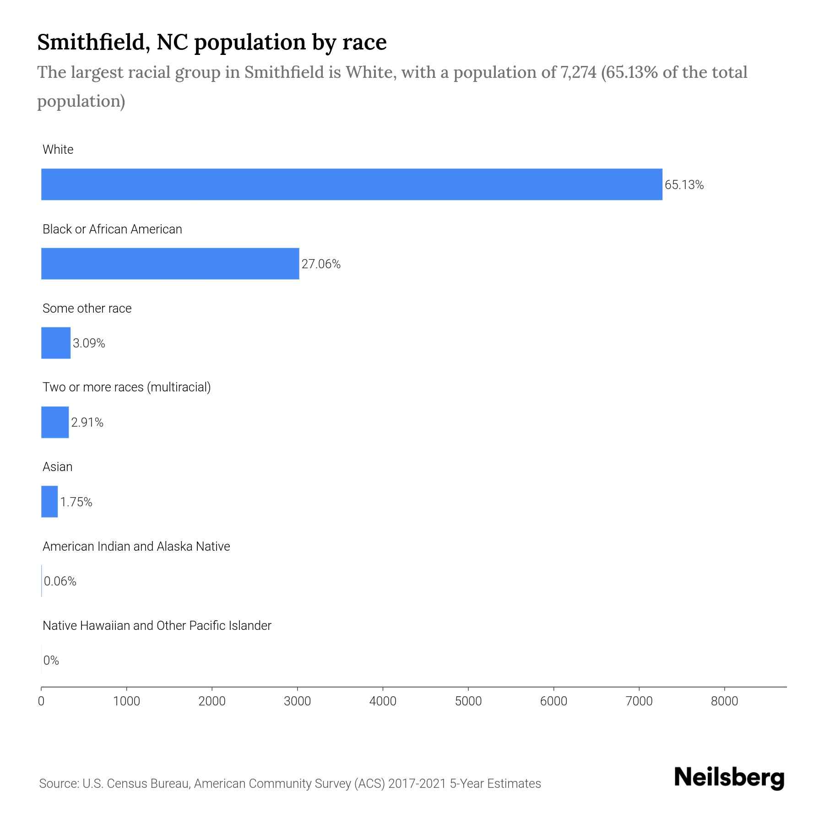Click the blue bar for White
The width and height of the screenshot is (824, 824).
tap(352, 184)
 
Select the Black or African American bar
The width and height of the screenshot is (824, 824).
tap(170, 264)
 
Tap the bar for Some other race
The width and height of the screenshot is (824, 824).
tap(56, 343)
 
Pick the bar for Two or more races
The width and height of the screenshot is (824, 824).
tap(55, 422)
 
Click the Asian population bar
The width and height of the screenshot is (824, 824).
tap(49, 502)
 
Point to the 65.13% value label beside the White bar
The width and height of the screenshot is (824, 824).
tap(684, 185)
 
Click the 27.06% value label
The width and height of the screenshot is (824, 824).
tap(321, 264)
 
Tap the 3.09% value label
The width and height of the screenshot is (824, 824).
tap(89, 343)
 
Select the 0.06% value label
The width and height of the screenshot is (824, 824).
tap(60, 581)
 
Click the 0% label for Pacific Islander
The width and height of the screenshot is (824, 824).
tap(51, 661)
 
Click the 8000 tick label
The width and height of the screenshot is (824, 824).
tap(724, 701)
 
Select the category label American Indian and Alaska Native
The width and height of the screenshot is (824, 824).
tap(136, 547)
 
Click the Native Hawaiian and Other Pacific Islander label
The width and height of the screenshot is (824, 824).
tap(157, 626)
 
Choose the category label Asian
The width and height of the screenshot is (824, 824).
tap(57, 467)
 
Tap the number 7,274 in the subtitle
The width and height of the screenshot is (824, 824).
tap(578, 72)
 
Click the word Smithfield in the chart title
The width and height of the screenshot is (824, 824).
tap(93, 42)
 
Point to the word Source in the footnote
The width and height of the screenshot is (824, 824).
tap(58, 784)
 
